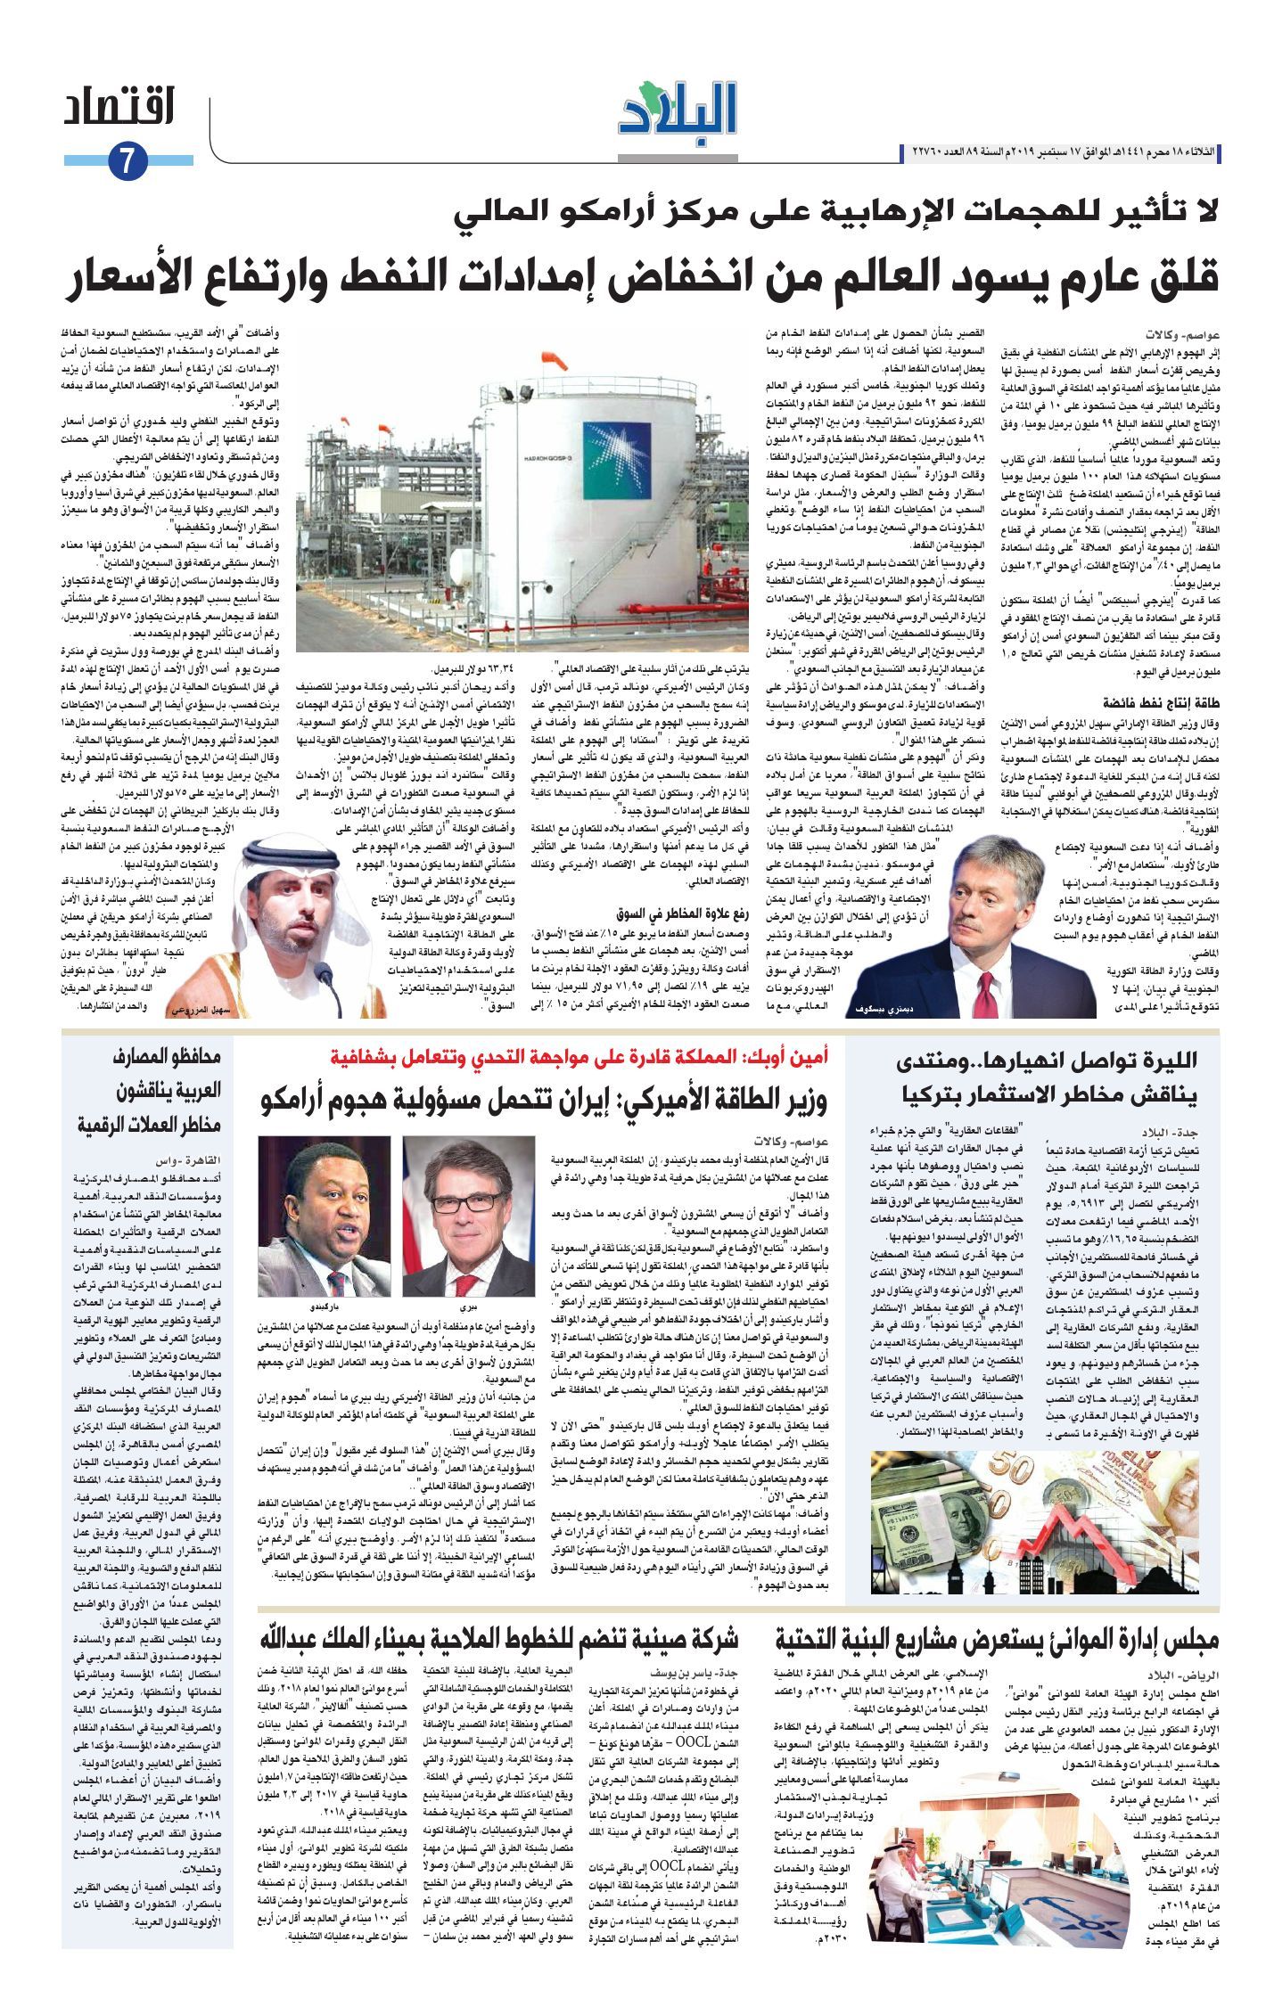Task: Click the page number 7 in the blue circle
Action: click(x=126, y=161)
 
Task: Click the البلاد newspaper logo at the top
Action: click(x=678, y=111)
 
